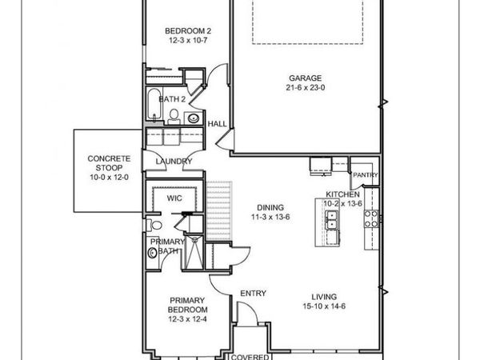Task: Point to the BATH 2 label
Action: [x=172, y=99]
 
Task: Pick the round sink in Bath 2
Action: [x=193, y=118]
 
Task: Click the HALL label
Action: [x=217, y=125]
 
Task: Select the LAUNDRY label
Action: [x=174, y=162]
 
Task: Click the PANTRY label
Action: [x=365, y=174]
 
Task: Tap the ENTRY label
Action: [x=254, y=294]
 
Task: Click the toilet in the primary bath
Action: [x=154, y=254]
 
